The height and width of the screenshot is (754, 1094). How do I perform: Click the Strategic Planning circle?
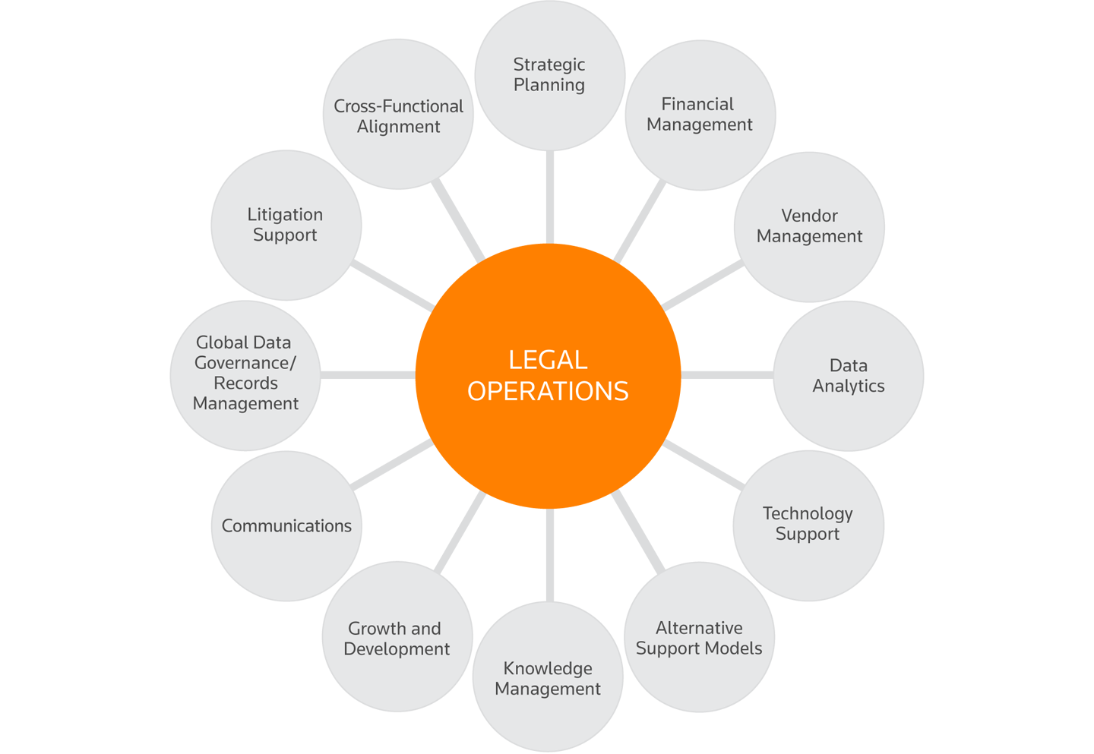point(549,75)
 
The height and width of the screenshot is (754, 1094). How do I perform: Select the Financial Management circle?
point(700,115)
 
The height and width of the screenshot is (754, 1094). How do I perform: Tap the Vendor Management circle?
point(809,226)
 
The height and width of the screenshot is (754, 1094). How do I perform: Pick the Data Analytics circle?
point(848,376)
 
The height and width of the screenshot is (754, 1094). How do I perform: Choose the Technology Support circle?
point(808,525)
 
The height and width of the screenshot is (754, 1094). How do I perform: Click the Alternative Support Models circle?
point(699,637)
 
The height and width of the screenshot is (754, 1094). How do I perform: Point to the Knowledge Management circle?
point(548,677)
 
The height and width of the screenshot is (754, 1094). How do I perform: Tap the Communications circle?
point(286,525)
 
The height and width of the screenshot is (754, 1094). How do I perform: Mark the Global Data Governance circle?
point(245,374)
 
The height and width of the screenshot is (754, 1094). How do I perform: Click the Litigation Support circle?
point(286,225)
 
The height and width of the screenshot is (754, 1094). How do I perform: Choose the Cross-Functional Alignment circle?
point(398,115)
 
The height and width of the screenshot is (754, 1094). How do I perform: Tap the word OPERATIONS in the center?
point(548,391)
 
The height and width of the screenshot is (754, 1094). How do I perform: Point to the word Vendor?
point(809,216)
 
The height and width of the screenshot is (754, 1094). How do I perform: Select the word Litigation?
point(285,215)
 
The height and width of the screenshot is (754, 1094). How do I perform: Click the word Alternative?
point(699,628)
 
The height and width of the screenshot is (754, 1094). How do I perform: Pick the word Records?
point(245,383)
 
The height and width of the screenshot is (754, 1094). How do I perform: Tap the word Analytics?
point(848,386)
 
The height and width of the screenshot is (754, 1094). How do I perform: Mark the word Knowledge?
point(548,668)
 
